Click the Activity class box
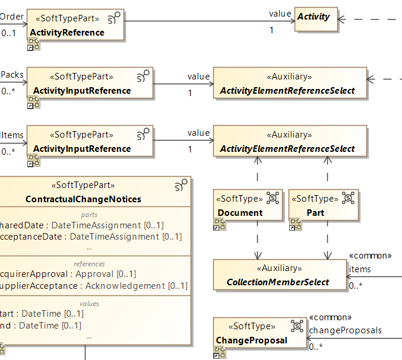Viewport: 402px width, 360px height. (x=315, y=18)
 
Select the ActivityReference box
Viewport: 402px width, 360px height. (x=74, y=27)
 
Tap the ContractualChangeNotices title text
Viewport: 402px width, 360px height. (x=83, y=199)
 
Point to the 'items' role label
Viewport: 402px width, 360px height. (x=360, y=269)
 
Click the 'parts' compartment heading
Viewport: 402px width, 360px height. (x=89, y=215)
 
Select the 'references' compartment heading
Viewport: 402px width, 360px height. (x=89, y=264)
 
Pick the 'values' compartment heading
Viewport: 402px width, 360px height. (x=89, y=304)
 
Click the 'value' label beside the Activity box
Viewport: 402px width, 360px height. (x=280, y=13)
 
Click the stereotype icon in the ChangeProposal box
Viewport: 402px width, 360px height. (x=297, y=325)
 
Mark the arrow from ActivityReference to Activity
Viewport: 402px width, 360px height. (x=208, y=21)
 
